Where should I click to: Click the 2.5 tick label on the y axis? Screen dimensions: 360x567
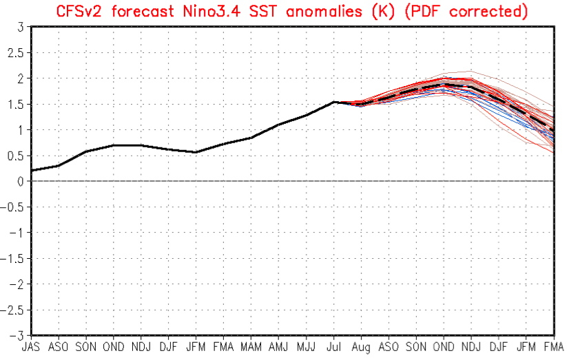point(15,52)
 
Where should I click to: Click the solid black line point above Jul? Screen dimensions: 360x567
point(333,102)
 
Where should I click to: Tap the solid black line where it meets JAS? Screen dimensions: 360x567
point(32,171)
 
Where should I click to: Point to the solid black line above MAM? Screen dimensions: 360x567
point(251,138)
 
